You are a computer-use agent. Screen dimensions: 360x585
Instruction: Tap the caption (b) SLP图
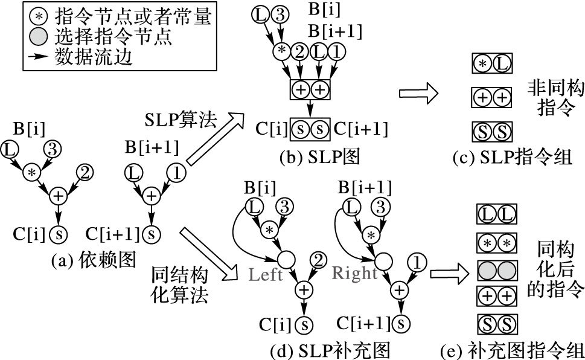pyautogui.click(x=320, y=158)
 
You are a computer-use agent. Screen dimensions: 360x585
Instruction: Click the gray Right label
pyautogui.click(x=354, y=273)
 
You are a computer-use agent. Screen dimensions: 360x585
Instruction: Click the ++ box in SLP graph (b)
pyautogui.click(x=310, y=88)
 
